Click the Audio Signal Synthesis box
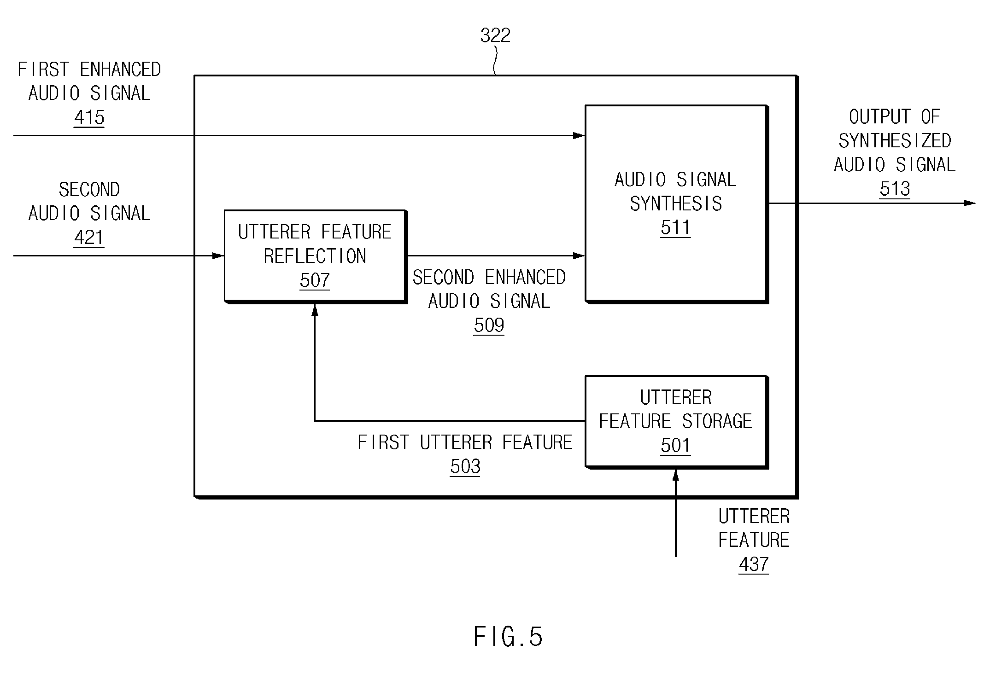tap(676, 204)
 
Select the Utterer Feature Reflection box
tap(316, 256)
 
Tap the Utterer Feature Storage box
tap(676, 422)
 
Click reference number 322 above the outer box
tap(495, 35)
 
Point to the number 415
tap(89, 117)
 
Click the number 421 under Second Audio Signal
tap(89, 238)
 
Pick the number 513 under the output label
tap(895, 189)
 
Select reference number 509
tap(489, 325)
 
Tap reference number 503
tap(465, 467)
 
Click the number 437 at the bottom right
tap(754, 564)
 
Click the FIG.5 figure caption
tap(508, 637)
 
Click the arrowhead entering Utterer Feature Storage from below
tap(676, 475)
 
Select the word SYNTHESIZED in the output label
tap(895, 141)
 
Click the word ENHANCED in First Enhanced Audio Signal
tap(120, 70)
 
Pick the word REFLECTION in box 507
tap(315, 256)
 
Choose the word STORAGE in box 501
tap(717, 421)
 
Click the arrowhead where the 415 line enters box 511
tap(579, 135)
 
